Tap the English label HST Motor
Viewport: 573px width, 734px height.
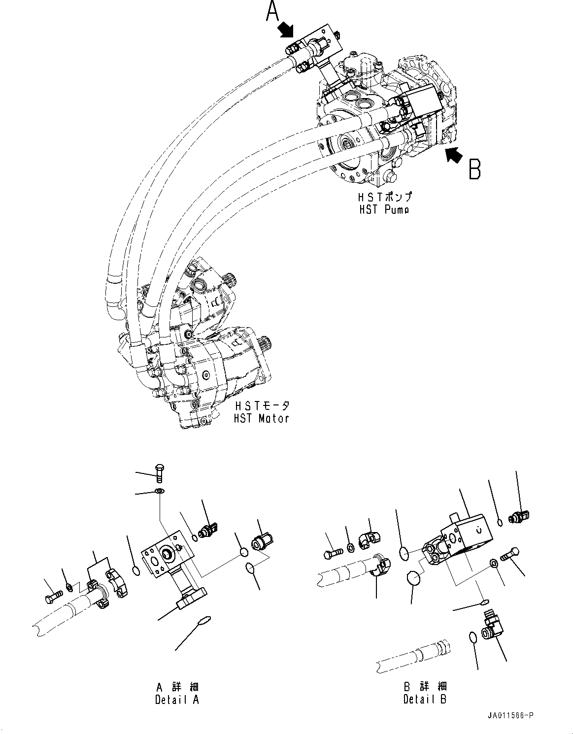[261, 418]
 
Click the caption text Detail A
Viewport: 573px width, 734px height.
[177, 699]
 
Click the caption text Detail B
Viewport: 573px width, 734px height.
[425, 699]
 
